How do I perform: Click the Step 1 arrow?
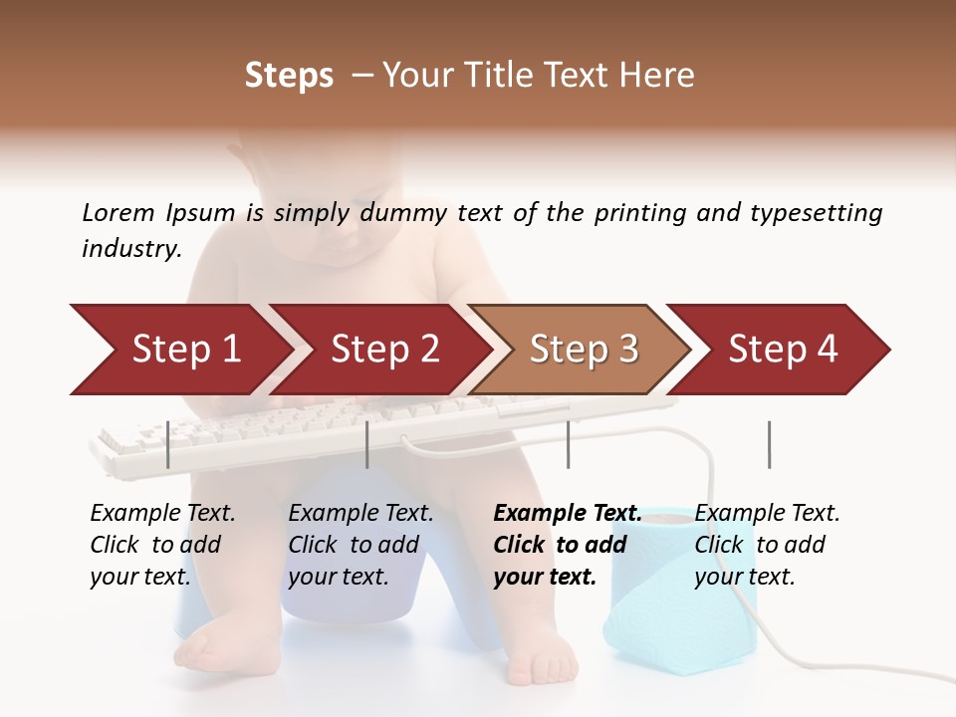[x=179, y=350]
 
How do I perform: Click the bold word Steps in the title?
[x=289, y=76]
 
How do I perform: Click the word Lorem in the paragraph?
[x=118, y=213]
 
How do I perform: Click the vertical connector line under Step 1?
[x=167, y=444]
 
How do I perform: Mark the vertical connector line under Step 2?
[x=367, y=444]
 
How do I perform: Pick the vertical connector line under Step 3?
[x=568, y=444]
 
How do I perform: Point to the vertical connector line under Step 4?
[x=769, y=444]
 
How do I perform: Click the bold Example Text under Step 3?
[x=568, y=514]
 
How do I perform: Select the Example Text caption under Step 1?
[x=162, y=514]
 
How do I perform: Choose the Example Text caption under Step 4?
[x=767, y=514]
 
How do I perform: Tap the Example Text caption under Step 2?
[x=360, y=514]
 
